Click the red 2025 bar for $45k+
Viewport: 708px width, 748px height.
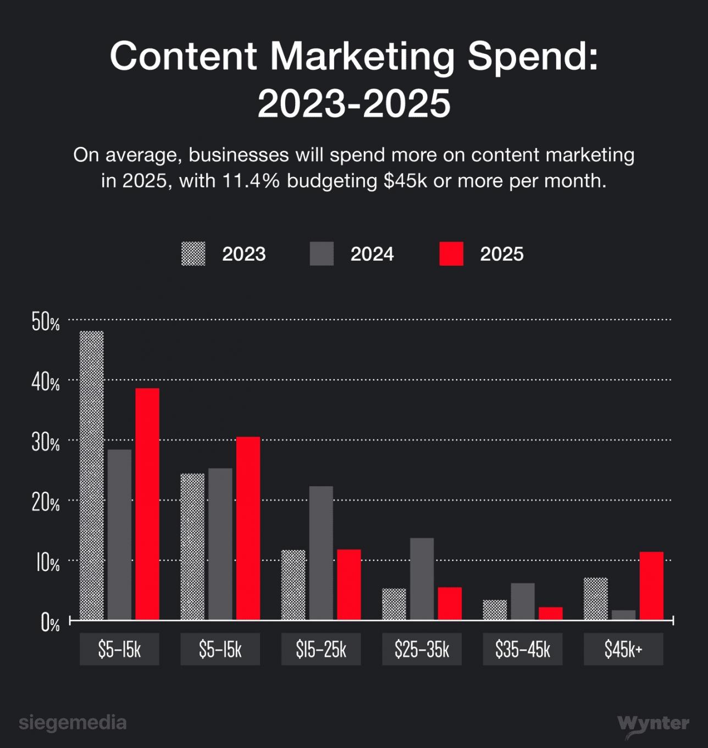651,586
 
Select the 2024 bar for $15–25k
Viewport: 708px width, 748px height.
321,553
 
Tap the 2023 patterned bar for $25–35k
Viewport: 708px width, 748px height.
394,604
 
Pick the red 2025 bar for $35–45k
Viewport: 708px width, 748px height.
550,613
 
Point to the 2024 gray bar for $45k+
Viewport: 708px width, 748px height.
623,615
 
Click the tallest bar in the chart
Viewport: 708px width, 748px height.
91,476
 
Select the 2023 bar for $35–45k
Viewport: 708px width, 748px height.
495,610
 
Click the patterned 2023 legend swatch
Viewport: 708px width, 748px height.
193,254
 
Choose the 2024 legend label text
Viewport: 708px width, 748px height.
372,254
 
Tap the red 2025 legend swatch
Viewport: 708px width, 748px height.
451,254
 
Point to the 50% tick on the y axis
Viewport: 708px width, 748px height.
46,322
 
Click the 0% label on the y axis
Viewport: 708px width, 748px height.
50,623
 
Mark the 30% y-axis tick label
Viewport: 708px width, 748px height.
46,443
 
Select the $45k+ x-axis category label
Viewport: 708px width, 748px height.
623,650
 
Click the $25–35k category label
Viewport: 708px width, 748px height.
422,650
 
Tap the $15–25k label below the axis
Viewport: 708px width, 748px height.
321,650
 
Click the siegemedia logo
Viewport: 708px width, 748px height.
73,723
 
